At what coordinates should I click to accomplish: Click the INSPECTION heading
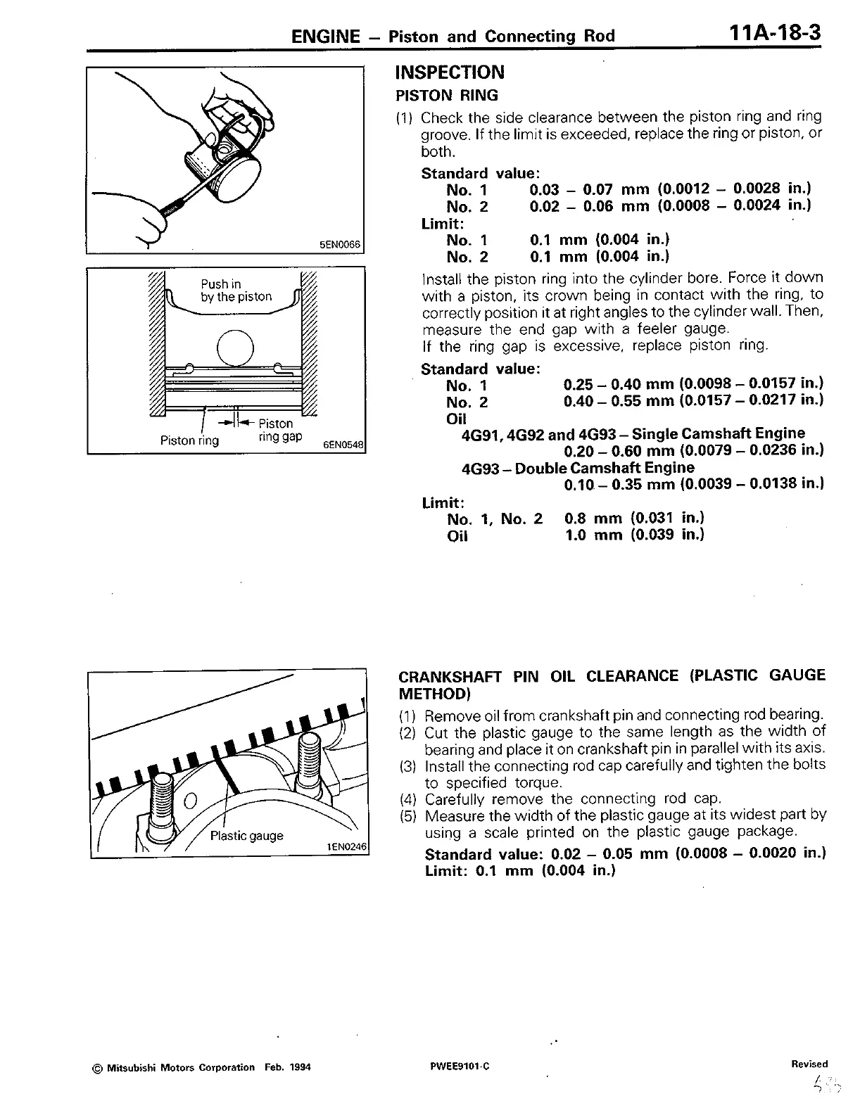450,72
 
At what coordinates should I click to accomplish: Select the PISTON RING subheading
447,96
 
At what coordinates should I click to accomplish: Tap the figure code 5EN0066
340,245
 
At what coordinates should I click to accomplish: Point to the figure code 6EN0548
343,445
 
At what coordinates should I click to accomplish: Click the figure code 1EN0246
348,847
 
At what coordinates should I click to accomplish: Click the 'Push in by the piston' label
236,291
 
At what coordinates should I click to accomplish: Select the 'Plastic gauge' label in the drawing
246,836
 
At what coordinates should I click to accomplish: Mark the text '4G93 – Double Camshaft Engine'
578,468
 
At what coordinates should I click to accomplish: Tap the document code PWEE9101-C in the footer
460,1067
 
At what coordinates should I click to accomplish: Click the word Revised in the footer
809,1064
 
